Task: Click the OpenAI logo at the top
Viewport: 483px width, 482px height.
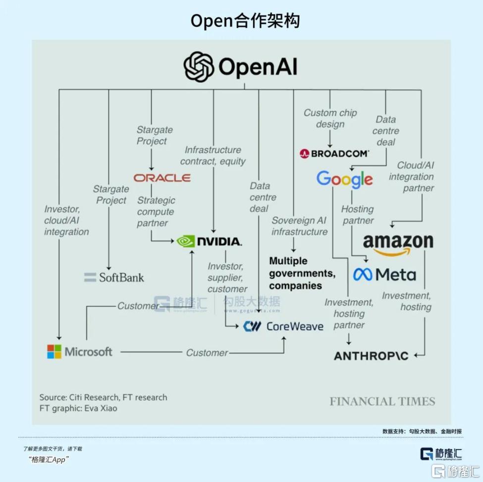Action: pyautogui.click(x=241, y=67)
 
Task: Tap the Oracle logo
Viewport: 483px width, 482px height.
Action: pyautogui.click(x=162, y=178)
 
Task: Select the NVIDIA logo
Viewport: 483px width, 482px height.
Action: pyautogui.click(x=209, y=241)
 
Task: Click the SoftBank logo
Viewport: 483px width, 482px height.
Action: pyautogui.click(x=114, y=277)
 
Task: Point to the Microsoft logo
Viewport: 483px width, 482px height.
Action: pyautogui.click(x=80, y=352)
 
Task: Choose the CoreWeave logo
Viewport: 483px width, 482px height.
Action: pyautogui.click(x=283, y=326)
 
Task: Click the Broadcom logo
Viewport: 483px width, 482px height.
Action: pyautogui.click(x=334, y=154)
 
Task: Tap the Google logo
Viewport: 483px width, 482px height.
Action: pyautogui.click(x=345, y=179)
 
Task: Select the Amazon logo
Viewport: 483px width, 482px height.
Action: pyautogui.click(x=398, y=243)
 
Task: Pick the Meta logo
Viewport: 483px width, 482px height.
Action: pyautogui.click(x=385, y=274)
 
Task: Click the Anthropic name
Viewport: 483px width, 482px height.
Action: pyautogui.click(x=371, y=356)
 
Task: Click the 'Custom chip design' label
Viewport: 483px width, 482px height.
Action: pyautogui.click(x=330, y=119)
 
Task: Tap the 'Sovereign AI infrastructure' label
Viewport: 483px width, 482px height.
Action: pyautogui.click(x=299, y=226)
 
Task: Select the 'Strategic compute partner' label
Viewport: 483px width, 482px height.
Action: pyautogui.click(x=156, y=212)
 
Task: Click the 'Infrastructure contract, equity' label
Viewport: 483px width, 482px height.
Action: pyautogui.click(x=213, y=156)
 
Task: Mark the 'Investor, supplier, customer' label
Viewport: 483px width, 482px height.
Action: pyautogui.click(x=227, y=278)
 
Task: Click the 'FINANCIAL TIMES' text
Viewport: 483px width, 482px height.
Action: pyautogui.click(x=382, y=401)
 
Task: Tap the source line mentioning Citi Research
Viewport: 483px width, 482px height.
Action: pyautogui.click(x=104, y=397)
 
